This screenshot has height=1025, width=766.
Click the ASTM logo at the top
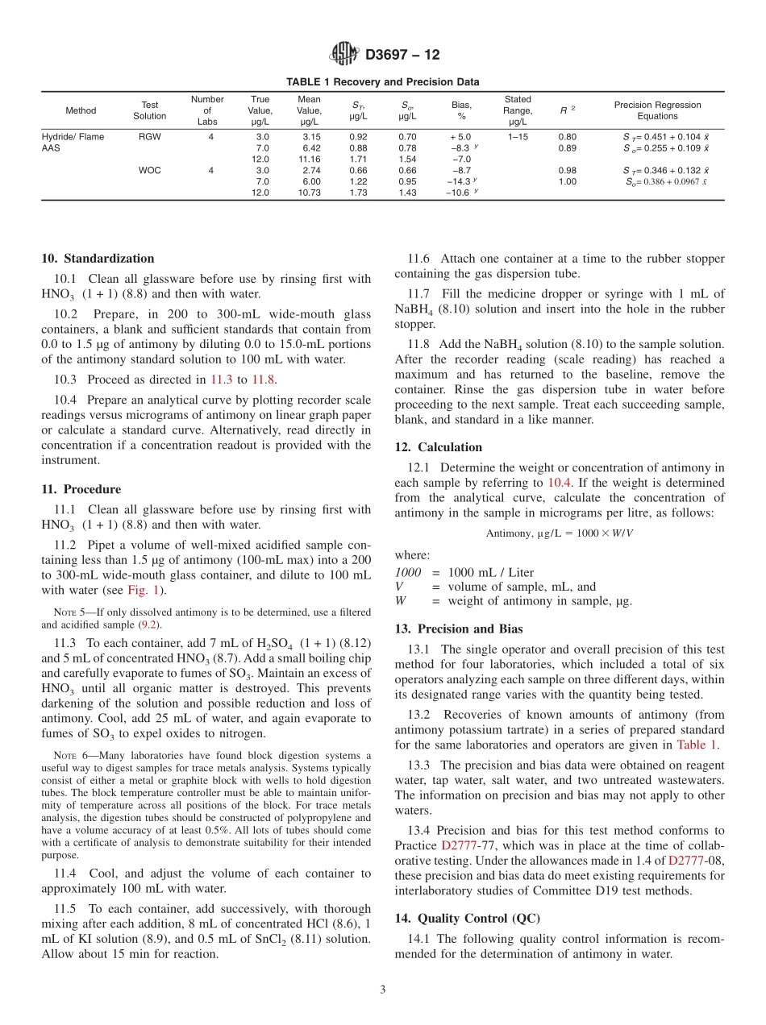(x=343, y=55)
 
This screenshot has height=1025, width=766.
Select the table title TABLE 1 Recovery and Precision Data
(x=383, y=82)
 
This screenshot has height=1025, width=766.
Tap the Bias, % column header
(x=461, y=110)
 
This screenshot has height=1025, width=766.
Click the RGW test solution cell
(x=150, y=137)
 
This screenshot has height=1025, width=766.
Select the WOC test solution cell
(x=150, y=171)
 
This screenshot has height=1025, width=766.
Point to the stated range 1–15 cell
(x=518, y=137)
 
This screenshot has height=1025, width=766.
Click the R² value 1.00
(x=568, y=182)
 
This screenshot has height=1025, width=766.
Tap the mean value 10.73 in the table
(x=309, y=193)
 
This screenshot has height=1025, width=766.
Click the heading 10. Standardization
(x=98, y=259)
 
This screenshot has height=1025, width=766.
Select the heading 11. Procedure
(x=81, y=489)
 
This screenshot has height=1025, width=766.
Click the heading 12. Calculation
(x=439, y=447)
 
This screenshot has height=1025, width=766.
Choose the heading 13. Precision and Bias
(x=459, y=629)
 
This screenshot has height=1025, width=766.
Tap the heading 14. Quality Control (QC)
(x=468, y=919)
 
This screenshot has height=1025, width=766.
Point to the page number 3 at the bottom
(x=383, y=990)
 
